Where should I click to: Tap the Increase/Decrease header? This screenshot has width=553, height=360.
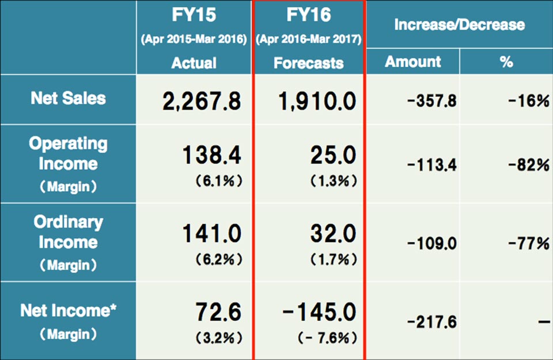pos(459,25)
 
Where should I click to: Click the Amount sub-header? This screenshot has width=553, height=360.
pos(412,62)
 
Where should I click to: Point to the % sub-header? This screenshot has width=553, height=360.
pos(506,62)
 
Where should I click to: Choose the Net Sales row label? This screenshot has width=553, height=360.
pos(68,98)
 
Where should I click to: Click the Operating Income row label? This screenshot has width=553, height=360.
pos(68,153)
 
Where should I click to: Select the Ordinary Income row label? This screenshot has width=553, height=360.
pos(68,232)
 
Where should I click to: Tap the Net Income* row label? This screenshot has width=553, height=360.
pos(69,311)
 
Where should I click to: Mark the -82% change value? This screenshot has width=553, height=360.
pos(528,165)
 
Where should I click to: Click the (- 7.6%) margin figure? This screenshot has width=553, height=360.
pos(323,337)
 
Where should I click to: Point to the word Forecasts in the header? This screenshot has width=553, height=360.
pos(309,63)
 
